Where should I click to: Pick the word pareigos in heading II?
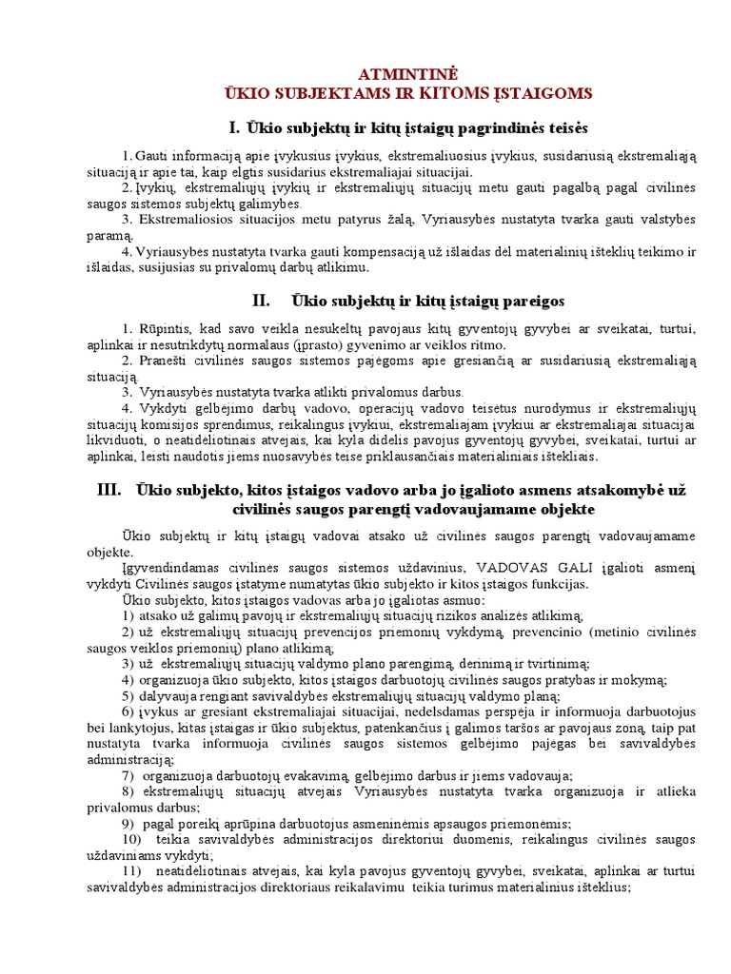click(528, 302)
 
